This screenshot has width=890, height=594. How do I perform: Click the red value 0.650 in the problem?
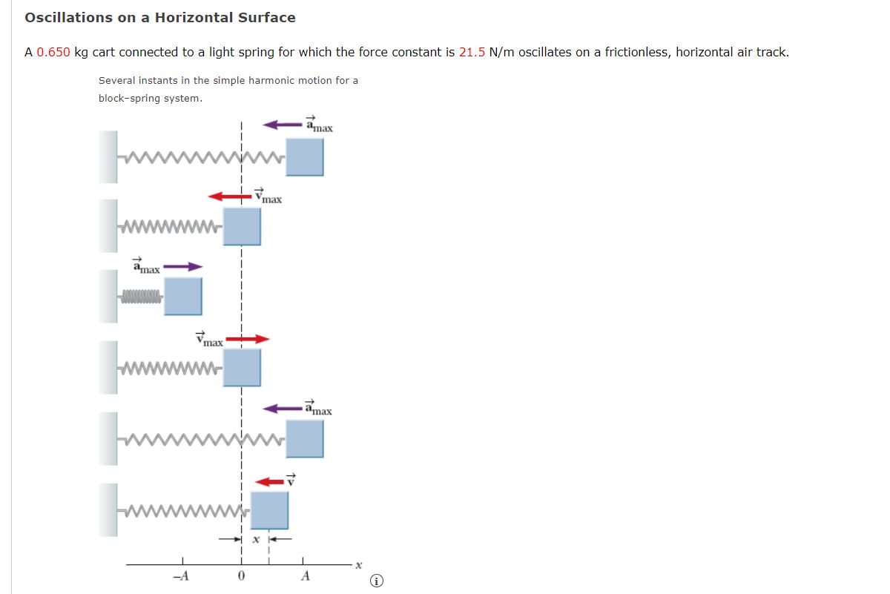coord(53,53)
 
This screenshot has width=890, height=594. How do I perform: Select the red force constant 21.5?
coord(472,53)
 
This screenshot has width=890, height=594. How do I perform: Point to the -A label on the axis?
coord(180,577)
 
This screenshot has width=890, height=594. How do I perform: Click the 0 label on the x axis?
coord(241,577)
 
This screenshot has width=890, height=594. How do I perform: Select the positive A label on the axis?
coord(304,577)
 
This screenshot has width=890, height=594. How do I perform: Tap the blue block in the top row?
coord(305,156)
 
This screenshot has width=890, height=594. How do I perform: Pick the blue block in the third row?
coord(182,297)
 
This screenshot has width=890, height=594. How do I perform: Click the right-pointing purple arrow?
coord(182,267)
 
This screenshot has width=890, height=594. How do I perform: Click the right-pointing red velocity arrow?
coord(247,339)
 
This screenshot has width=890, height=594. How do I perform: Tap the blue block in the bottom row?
coord(269,510)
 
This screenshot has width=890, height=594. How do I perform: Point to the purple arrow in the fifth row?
coord(283,408)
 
